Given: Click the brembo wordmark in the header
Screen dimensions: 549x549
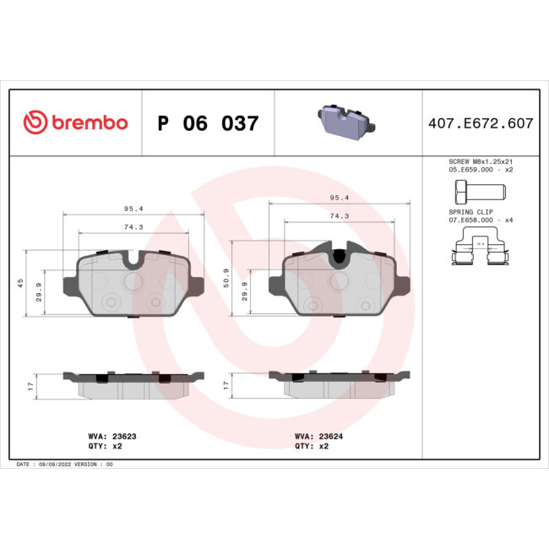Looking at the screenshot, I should tap(89, 123).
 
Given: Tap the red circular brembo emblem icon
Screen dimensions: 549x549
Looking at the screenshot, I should tap(35, 123).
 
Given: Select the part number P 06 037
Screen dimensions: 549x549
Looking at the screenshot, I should tap(208, 123).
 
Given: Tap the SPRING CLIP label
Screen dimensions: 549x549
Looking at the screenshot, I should tap(465, 212).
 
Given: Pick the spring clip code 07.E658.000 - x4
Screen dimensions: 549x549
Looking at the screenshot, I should tap(479, 220).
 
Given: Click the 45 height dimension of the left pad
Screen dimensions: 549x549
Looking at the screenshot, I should tap(20, 283).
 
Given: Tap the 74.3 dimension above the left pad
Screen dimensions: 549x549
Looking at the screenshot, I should tap(133, 227).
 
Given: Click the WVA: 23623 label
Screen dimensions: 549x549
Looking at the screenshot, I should tap(101, 437).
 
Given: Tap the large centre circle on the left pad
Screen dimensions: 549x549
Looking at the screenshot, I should tap(134, 280).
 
